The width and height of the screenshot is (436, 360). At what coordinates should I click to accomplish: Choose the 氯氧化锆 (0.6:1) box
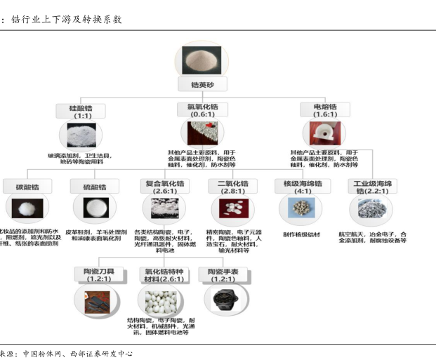tap(202, 110)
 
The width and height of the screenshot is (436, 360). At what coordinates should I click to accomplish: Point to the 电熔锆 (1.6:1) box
tap(325, 110)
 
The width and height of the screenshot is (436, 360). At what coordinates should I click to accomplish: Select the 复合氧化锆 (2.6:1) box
tap(166, 187)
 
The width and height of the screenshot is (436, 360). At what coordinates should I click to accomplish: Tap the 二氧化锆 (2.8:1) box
tap(232, 187)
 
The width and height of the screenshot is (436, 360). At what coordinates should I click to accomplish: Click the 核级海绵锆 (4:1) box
tap(303, 187)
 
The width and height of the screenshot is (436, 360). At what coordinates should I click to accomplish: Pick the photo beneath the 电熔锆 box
tap(325, 133)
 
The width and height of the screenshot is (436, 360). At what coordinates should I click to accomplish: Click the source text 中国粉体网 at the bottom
tap(44, 353)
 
